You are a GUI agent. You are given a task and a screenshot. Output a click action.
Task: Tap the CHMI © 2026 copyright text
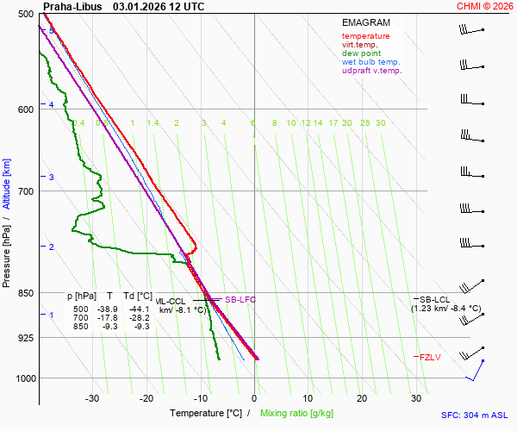484,6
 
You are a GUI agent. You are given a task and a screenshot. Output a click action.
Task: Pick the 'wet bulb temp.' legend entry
371,62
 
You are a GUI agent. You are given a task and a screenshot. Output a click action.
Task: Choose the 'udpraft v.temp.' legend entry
371,71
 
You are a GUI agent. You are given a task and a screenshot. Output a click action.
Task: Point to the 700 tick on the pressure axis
24,191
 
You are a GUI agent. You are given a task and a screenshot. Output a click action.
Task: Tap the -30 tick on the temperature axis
92,398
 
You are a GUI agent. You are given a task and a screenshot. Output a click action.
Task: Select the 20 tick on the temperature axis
362,398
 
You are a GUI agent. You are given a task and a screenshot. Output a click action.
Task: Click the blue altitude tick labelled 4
52,104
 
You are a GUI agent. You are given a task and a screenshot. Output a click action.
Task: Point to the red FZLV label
431,357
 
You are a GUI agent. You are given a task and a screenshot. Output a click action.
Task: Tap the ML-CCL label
171,301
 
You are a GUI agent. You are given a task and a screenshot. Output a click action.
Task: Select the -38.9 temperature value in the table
107,309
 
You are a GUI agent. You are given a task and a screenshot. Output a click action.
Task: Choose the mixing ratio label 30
380,123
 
